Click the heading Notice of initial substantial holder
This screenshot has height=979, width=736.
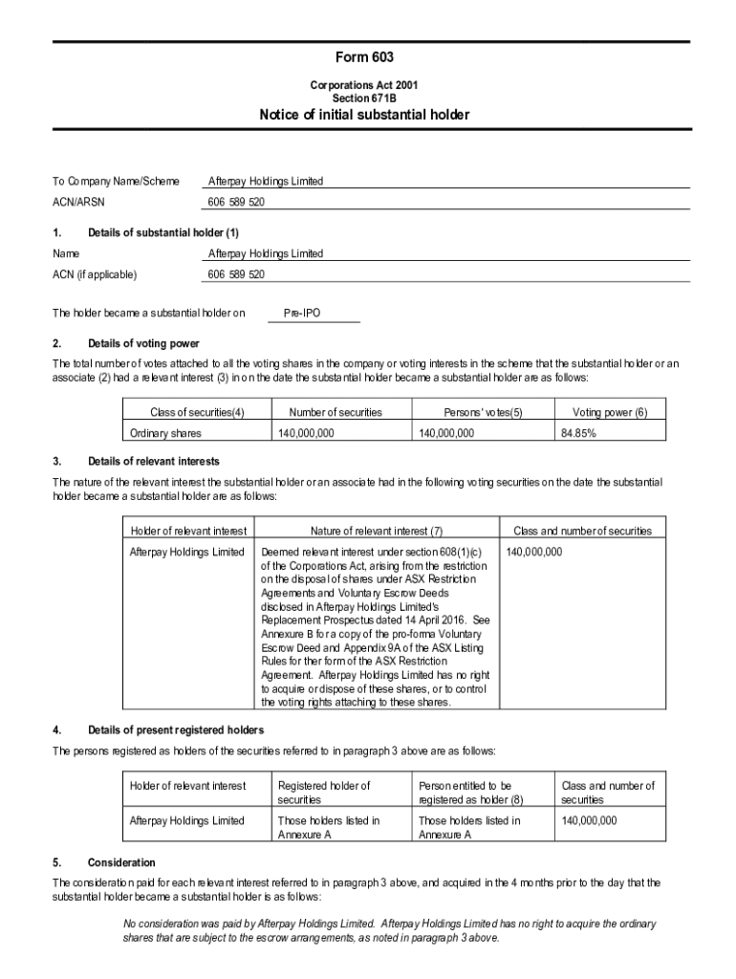(x=364, y=116)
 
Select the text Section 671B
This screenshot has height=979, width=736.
(x=364, y=98)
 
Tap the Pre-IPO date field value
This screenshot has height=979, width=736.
(x=302, y=313)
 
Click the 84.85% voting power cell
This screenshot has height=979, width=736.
(x=578, y=433)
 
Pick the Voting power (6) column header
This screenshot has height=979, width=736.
(x=609, y=412)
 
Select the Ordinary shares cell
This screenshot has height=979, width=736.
(x=165, y=433)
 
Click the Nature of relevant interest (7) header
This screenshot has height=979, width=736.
(x=377, y=531)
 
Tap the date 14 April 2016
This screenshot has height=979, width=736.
(x=432, y=620)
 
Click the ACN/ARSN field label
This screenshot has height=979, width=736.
(x=78, y=203)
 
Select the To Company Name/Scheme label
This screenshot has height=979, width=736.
(x=115, y=181)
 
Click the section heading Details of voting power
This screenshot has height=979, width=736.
(x=143, y=343)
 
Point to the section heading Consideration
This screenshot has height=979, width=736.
(x=120, y=862)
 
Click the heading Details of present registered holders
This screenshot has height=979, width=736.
(x=175, y=730)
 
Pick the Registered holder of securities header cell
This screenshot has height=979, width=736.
(x=323, y=792)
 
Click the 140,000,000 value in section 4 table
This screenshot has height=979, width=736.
(x=590, y=820)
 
